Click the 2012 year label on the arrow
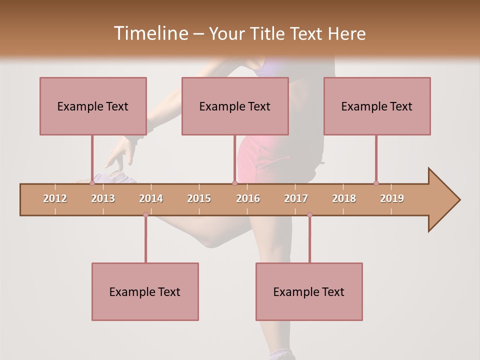tap(55, 198)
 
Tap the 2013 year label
tap(103, 198)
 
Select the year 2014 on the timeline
tap(151, 198)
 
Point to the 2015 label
tap(199, 198)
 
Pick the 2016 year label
tap(248, 198)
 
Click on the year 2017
tap(296, 198)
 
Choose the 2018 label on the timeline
tap(344, 198)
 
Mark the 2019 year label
tap(392, 198)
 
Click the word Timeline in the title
tap(149, 33)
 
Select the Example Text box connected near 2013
tap(93, 106)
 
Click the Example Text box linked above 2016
tap(235, 106)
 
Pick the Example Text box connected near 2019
tap(377, 106)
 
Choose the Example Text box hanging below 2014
tap(145, 291)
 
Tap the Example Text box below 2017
tap(309, 291)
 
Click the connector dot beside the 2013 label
tap(92, 183)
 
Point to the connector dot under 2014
tap(145, 215)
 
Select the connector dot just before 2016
tap(234, 183)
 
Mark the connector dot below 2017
tap(309, 215)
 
